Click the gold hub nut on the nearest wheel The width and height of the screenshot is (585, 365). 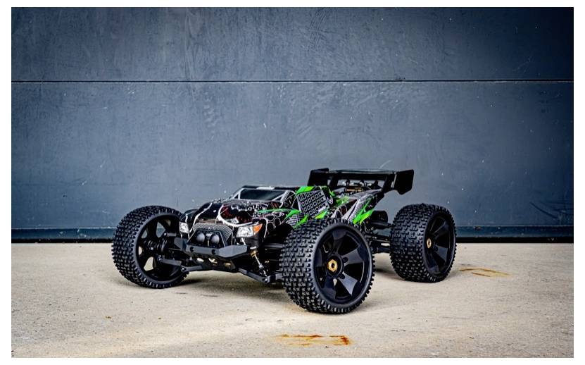coord(332,265)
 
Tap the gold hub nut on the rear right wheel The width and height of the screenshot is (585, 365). coord(429,243)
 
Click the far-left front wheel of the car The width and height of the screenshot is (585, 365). coord(148,247)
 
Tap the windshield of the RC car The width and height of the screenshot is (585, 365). coord(260,194)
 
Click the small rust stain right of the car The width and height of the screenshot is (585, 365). coord(483,271)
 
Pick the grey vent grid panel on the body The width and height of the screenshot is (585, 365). coord(313,202)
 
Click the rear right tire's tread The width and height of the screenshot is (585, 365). coord(405,243)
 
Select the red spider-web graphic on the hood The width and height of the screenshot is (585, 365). coord(236,210)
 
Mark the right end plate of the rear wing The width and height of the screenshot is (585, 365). coord(403,182)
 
